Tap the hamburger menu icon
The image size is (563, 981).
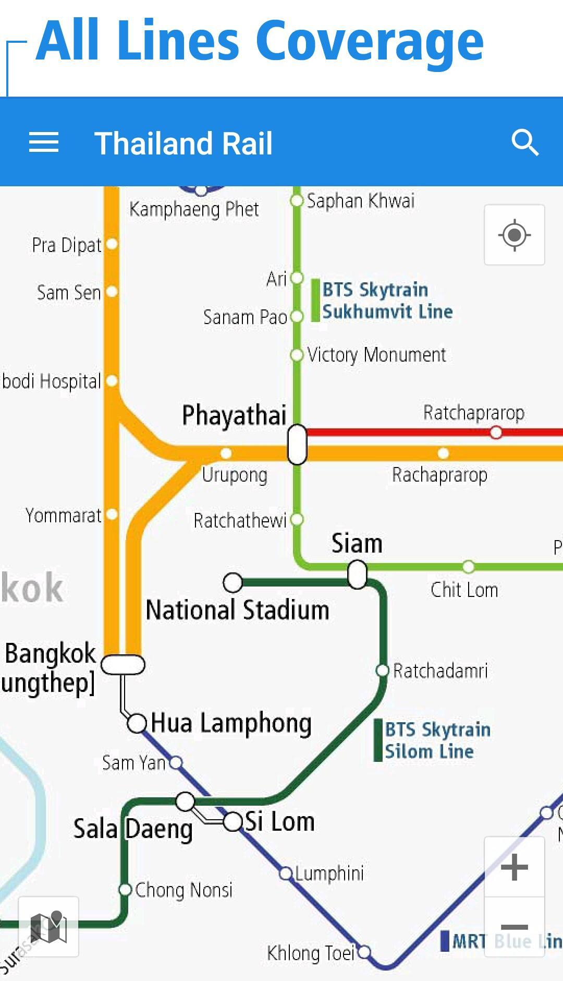[44, 142]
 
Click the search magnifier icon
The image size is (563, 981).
[524, 142]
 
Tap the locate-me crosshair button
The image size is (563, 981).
[515, 235]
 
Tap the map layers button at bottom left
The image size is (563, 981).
[48, 927]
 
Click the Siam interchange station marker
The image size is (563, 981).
[357, 574]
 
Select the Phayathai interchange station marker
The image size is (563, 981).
[297, 444]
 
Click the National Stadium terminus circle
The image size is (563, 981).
[233, 582]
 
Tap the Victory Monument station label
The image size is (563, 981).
[376, 355]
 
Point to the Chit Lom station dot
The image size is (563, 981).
[468, 567]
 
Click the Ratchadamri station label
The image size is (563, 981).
[440, 671]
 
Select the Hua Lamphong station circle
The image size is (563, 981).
[137, 723]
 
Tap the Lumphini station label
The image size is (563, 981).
[329, 873]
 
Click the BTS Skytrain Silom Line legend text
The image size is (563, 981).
[437, 740]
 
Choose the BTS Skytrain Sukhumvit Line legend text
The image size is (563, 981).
[387, 301]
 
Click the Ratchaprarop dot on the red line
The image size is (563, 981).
[496, 432]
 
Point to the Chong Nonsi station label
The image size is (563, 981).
[183, 890]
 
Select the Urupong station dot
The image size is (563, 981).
[226, 453]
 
